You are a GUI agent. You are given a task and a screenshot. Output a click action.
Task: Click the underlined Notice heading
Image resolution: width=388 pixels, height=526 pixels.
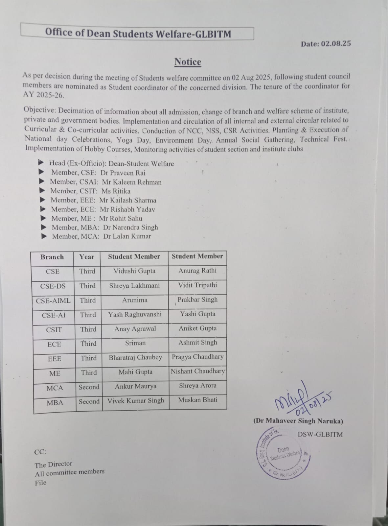click(188, 62)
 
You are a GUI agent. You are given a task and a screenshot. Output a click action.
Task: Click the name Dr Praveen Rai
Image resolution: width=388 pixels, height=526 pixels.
click(123, 173)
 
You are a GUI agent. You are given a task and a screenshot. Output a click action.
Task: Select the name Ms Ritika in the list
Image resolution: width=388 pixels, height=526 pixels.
click(116, 191)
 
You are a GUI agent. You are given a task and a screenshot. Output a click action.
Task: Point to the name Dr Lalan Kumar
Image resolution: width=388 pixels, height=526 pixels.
click(127, 236)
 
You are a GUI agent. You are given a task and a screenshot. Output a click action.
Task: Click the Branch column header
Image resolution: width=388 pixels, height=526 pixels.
click(52, 257)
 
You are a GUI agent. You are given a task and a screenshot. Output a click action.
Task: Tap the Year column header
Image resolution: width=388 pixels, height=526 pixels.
click(87, 257)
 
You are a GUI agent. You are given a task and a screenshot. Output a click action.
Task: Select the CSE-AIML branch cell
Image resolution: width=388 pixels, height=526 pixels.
click(53, 300)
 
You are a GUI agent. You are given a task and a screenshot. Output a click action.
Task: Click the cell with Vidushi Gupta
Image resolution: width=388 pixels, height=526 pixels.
click(134, 271)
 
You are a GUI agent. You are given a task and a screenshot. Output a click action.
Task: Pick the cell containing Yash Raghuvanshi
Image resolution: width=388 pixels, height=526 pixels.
click(135, 314)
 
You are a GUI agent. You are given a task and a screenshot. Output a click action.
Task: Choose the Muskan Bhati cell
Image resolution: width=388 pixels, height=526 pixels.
click(198, 400)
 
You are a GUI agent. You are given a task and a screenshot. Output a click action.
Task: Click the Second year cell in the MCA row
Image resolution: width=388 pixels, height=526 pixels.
click(89, 387)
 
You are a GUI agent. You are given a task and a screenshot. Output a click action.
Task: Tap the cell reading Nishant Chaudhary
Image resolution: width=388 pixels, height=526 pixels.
click(198, 371)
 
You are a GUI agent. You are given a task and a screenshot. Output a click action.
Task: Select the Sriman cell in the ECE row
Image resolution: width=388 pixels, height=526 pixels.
click(135, 343)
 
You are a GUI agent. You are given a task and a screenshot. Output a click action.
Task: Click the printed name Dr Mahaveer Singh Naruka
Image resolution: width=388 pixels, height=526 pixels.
click(298, 421)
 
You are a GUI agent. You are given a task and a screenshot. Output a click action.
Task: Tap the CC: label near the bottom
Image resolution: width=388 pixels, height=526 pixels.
click(40, 452)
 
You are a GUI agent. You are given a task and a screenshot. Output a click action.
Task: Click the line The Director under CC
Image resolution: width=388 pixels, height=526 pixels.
click(53, 464)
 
